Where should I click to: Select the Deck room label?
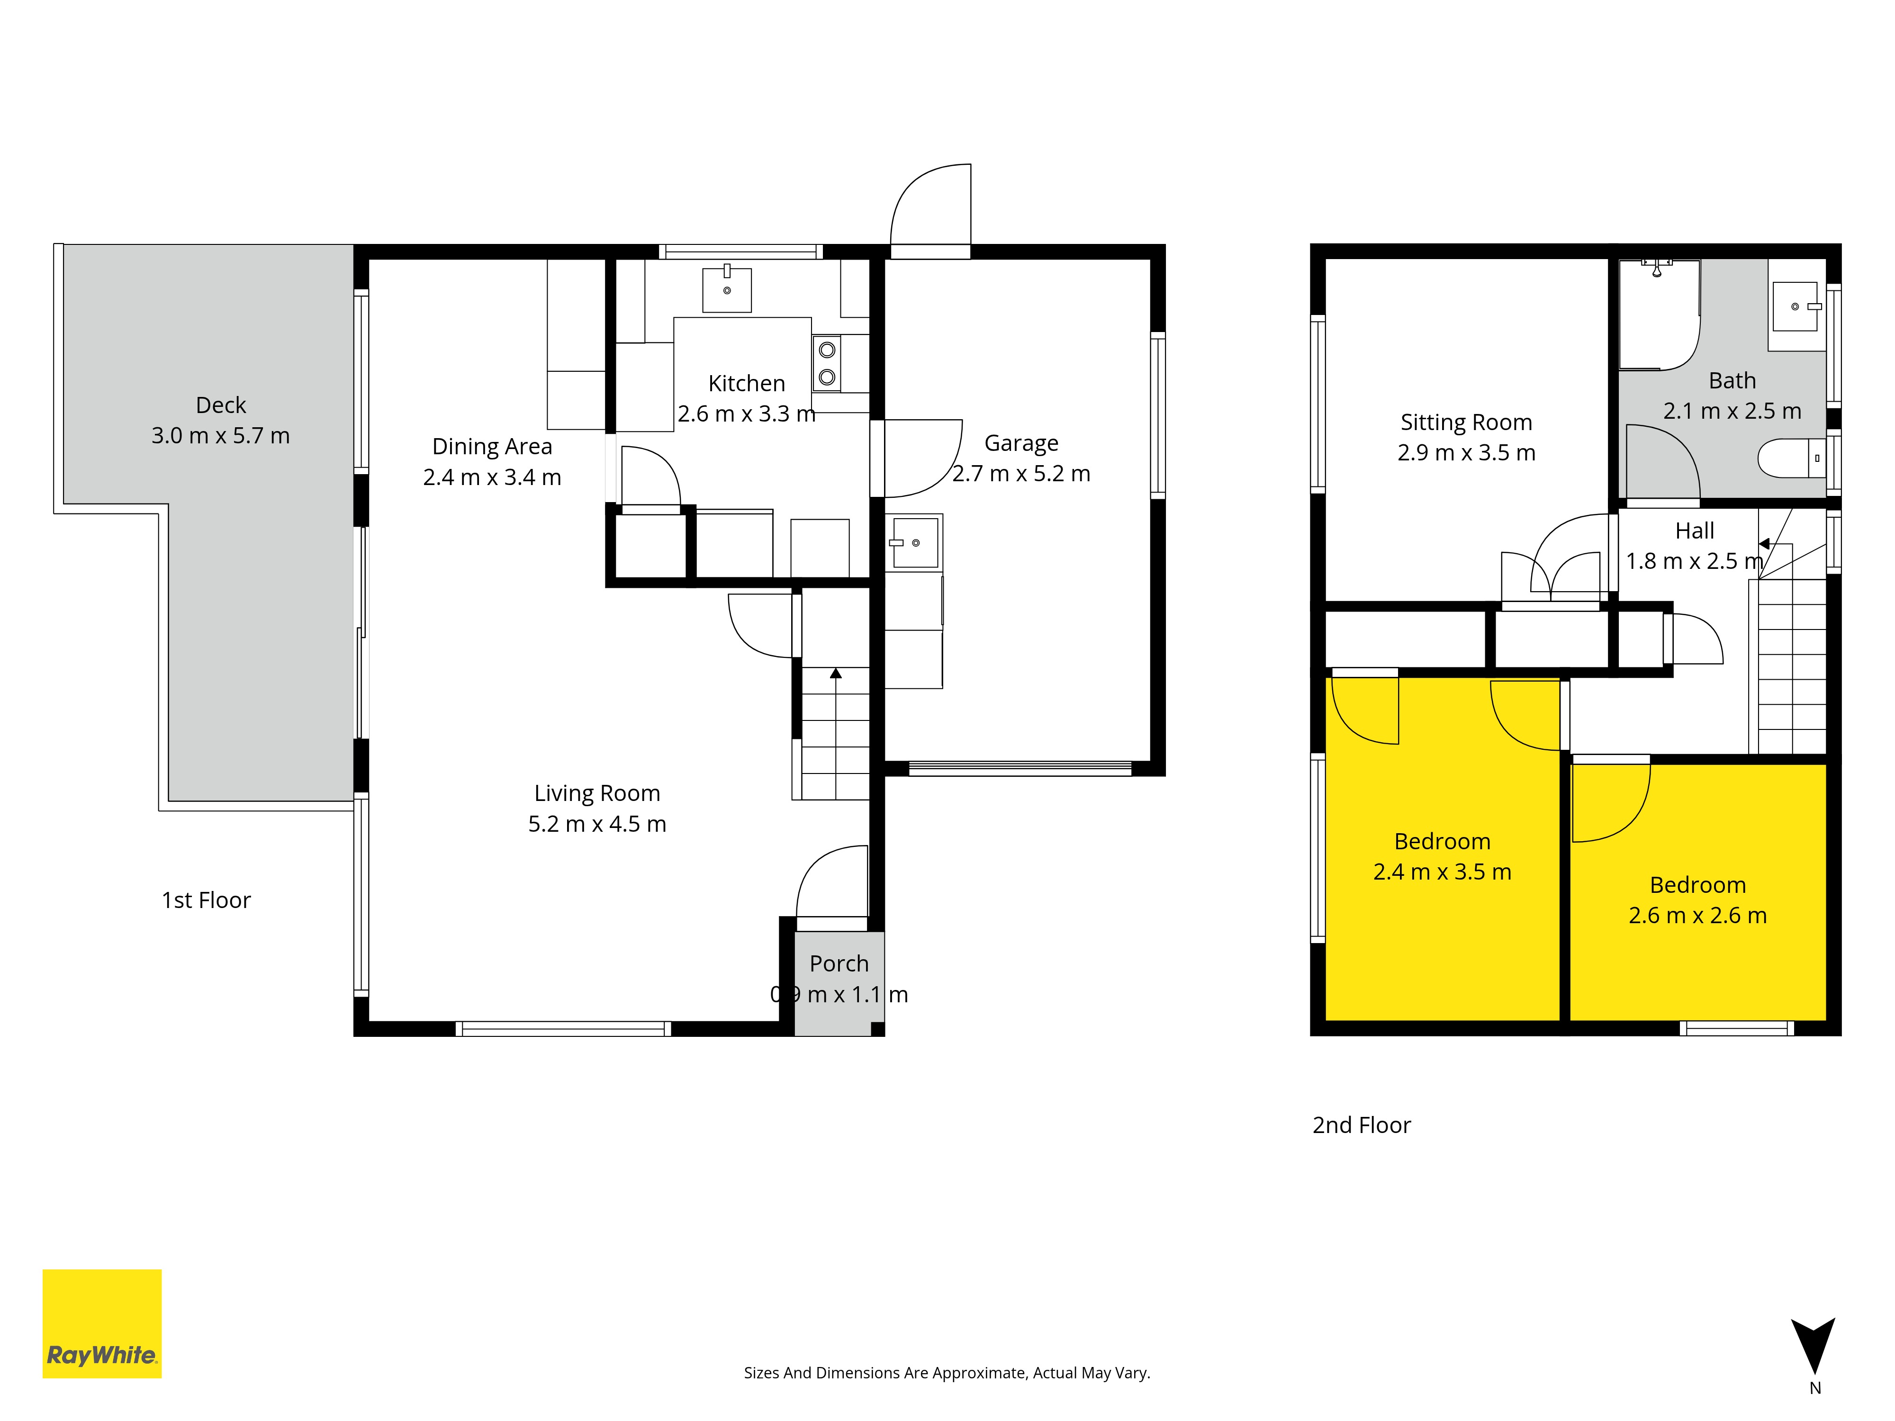coord(221,405)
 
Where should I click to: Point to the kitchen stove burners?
coord(827,363)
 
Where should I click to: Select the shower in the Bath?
coord(1660,315)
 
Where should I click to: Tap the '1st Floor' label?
coord(207,900)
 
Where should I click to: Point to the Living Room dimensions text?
coord(597,824)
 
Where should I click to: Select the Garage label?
coord(1021,444)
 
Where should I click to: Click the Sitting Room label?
coord(1467,423)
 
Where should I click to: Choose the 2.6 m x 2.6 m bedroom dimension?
coord(1698,916)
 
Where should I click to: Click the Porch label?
coord(839,963)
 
